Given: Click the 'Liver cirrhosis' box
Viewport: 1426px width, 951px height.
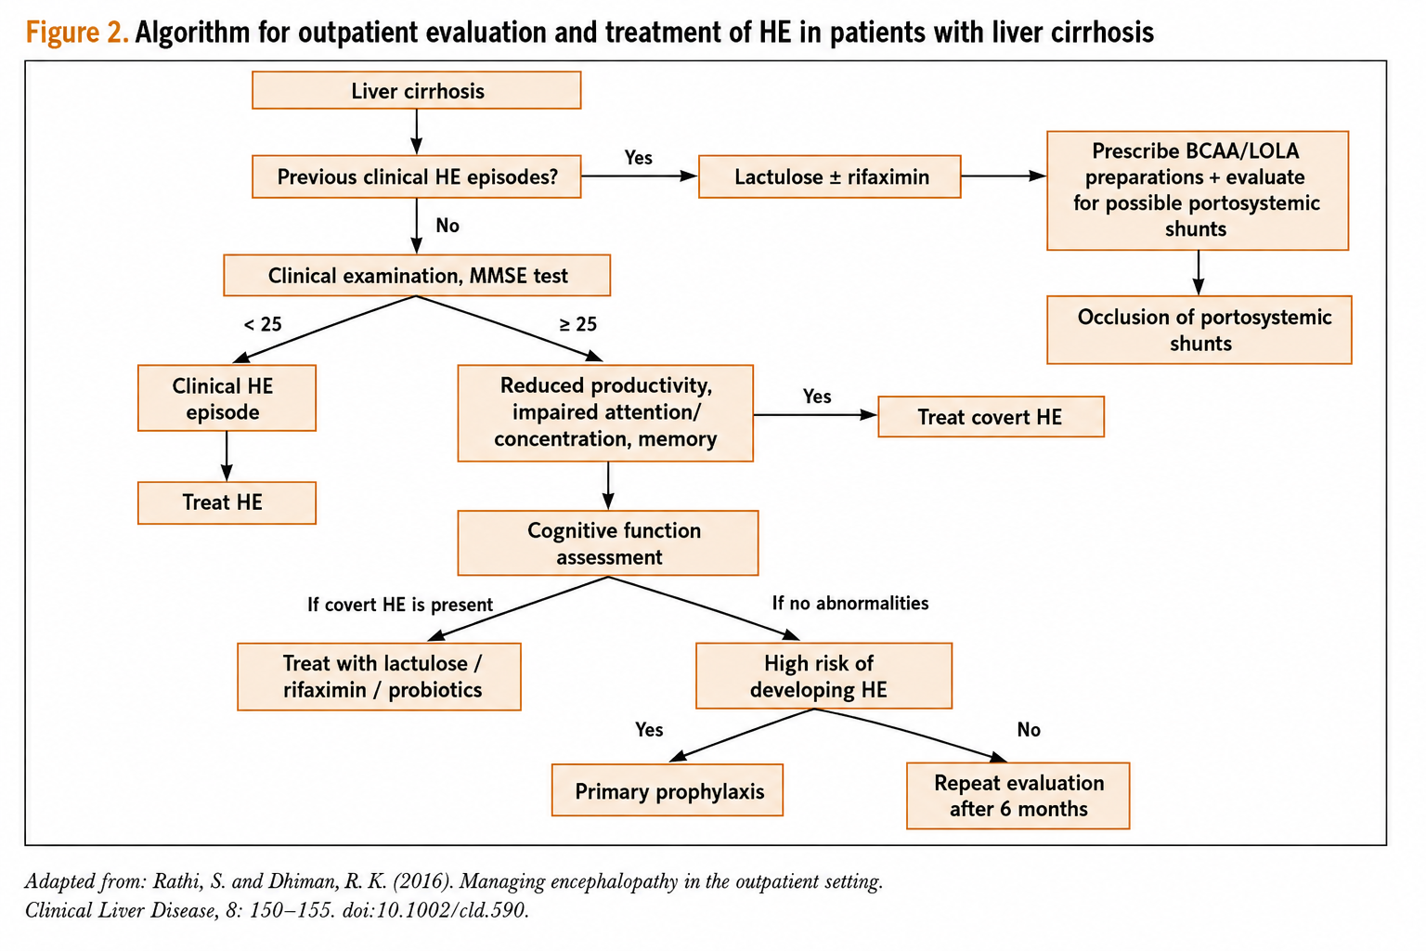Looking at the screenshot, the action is click(416, 90).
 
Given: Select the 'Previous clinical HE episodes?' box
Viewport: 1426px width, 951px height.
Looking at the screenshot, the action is click(416, 176).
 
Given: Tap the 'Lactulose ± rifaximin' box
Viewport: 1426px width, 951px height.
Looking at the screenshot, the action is click(829, 176).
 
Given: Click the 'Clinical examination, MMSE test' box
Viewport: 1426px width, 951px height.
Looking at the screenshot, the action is click(417, 275).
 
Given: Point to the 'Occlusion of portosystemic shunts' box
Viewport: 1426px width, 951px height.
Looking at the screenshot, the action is click(1199, 330).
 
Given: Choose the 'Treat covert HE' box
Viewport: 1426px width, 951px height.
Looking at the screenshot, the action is click(992, 417).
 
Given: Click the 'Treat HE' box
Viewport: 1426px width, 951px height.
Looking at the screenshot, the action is click(227, 502).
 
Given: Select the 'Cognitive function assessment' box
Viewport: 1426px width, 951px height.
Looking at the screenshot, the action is click(608, 542).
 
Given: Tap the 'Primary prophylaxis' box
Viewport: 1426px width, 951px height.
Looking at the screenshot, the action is click(668, 789).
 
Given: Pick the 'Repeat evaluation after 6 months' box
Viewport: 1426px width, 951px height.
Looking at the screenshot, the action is click(1018, 796).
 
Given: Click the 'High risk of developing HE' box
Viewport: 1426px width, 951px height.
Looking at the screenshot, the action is click(823, 676).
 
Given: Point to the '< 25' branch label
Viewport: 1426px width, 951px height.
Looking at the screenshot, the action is click(263, 324).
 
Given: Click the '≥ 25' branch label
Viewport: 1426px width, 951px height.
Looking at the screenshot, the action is click(578, 324).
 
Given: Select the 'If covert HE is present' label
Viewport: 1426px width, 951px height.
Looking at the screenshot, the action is click(400, 604).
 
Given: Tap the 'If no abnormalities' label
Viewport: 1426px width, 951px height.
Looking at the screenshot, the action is click(849, 603).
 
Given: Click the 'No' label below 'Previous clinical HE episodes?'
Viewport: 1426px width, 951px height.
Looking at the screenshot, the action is click(447, 226).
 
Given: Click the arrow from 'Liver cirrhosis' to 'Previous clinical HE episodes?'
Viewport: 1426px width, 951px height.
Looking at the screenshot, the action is click(416, 132).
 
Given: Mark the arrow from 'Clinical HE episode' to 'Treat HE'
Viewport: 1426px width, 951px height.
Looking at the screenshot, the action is click(227, 456).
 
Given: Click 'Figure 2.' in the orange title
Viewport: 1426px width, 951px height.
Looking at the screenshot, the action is click(77, 32).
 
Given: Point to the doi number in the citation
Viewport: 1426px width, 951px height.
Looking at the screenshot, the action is click(434, 910).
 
